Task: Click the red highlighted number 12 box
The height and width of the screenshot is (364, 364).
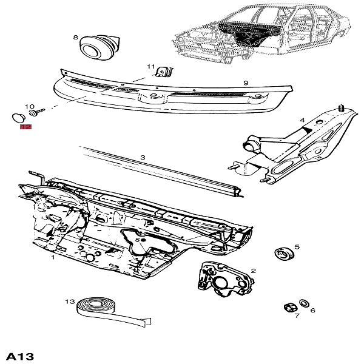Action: click(x=25, y=127)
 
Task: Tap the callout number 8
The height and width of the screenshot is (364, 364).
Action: click(x=76, y=38)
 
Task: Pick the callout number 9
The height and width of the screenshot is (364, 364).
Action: click(x=246, y=83)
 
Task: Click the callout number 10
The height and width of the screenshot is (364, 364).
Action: click(x=29, y=106)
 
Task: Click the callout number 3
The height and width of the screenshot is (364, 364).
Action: click(x=143, y=158)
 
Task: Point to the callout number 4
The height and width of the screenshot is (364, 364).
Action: click(x=302, y=120)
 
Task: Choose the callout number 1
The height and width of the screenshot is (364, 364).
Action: click(x=53, y=257)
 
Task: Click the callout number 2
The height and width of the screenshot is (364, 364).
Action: click(x=253, y=271)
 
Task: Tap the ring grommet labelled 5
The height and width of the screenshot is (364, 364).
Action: click(x=281, y=253)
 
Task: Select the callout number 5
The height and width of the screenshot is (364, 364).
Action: click(x=297, y=247)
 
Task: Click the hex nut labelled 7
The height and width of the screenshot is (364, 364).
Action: click(x=290, y=305)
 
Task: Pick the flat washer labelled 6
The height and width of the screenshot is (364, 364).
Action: click(x=303, y=303)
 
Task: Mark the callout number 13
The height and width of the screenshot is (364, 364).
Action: click(x=70, y=301)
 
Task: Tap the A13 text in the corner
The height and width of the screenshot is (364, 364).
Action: click(x=19, y=354)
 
